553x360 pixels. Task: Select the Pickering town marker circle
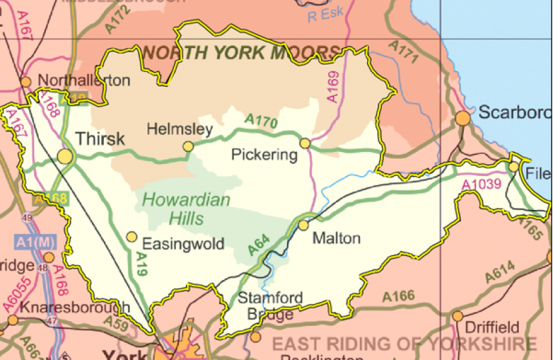pos(305,143)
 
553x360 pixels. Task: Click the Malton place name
pos(336,239)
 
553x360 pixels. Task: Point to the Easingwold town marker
pos(132,237)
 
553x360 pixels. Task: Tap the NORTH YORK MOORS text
pos(241,53)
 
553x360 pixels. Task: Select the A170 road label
pos(260,121)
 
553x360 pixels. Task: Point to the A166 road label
pos(399,296)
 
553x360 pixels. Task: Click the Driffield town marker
pos(458,316)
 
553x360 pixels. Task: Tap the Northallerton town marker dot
pos(26,82)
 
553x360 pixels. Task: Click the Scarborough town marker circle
pos(462,119)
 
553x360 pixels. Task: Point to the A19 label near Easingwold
pos(141,264)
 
